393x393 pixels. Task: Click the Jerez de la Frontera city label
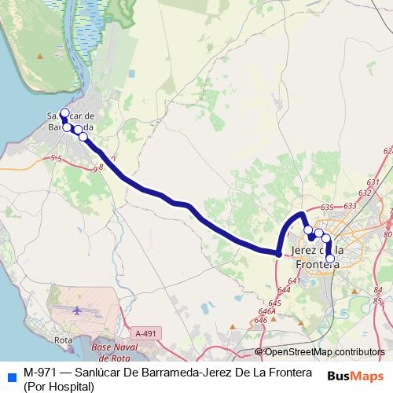pos(315,257)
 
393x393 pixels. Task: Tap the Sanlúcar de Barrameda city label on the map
pos(71,120)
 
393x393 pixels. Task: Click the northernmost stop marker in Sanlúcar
pos(64,112)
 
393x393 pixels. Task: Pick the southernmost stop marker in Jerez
pos(330,259)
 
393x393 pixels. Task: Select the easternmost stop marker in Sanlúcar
pos(83,136)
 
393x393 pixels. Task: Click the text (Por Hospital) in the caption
pos(59,386)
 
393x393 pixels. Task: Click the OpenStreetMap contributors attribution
pos(324,352)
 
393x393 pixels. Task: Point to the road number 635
pos(328,207)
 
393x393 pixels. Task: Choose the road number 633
pos(350,205)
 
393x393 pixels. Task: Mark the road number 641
pos(295,281)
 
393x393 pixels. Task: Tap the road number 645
pos(274,303)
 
